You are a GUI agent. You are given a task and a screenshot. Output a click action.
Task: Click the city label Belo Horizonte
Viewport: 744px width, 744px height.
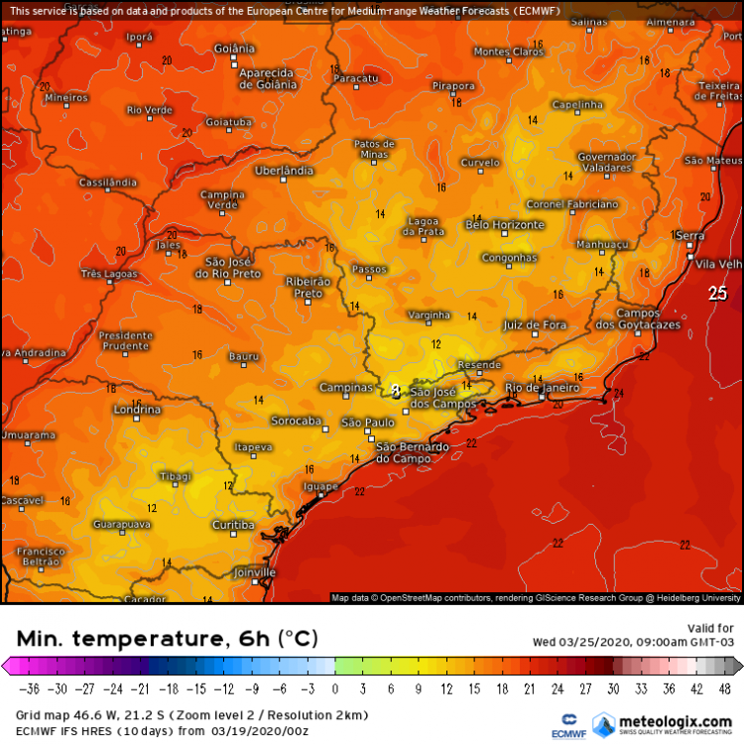pyautogui.click(x=505, y=225)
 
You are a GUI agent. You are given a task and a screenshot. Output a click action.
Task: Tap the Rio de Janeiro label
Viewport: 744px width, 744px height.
pyautogui.click(x=543, y=388)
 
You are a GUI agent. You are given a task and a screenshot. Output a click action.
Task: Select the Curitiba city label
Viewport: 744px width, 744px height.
pyautogui.click(x=234, y=524)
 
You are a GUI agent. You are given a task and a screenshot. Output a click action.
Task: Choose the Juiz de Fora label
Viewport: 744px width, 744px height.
pyautogui.click(x=535, y=324)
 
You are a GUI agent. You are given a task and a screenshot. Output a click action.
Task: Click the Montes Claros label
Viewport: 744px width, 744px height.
pyautogui.click(x=509, y=52)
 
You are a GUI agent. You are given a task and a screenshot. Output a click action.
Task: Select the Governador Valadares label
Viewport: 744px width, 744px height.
pyautogui.click(x=606, y=163)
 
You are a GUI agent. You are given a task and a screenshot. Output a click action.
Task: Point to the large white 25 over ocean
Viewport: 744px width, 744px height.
pyautogui.click(x=717, y=293)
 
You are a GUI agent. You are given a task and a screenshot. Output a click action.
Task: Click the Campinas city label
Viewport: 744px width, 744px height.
pyautogui.click(x=346, y=388)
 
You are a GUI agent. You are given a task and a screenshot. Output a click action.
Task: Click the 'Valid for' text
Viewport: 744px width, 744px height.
pyautogui.click(x=710, y=628)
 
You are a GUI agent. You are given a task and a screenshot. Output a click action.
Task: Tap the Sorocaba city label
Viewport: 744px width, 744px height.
pyautogui.click(x=297, y=422)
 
